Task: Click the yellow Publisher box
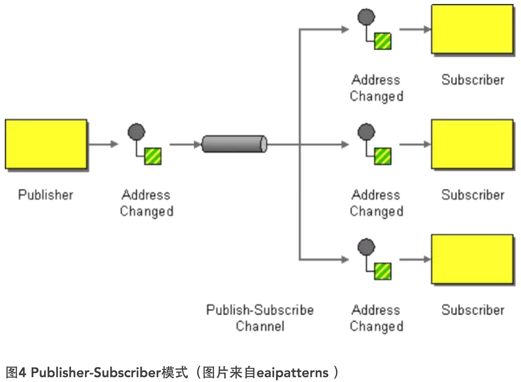point(46,144)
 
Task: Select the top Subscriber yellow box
point(472,29)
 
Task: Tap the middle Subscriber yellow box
point(472,144)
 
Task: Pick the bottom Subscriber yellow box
point(472,259)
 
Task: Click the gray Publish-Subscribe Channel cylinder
point(234,144)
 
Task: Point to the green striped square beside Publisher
point(153,156)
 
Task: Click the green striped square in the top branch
point(383,41)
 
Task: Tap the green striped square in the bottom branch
point(383,271)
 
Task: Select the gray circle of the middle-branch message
point(366,132)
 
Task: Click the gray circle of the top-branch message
point(366,17)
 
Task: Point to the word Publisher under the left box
point(46,195)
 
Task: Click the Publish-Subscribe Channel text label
point(260,318)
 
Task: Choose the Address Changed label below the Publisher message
point(147,203)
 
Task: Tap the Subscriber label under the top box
point(473,80)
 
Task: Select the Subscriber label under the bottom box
point(473,310)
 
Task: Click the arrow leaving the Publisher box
point(103,144)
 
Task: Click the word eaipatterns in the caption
point(292,373)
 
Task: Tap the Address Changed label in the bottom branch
point(376,318)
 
